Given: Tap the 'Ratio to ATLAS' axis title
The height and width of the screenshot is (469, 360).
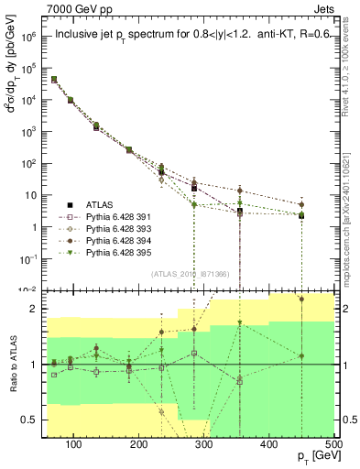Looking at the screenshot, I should point(12,366).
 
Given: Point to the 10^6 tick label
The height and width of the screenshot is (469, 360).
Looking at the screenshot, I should point(29,37).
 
